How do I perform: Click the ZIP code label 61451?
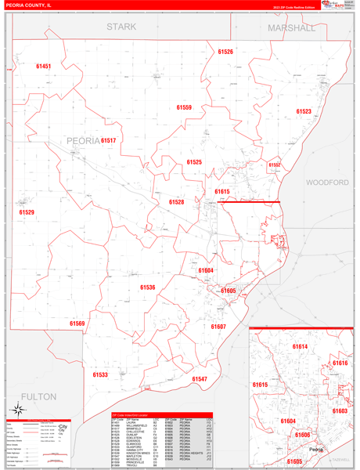pyautogui.click(x=43, y=67)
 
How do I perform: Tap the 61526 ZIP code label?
pyautogui.click(x=225, y=52)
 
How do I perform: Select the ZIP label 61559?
pyautogui.click(x=184, y=107)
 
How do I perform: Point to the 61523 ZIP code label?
pyautogui.click(x=303, y=111)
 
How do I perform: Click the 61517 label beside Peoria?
pyautogui.click(x=108, y=140)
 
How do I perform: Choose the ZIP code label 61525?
pyautogui.click(x=194, y=162)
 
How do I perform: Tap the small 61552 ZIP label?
pyautogui.click(x=275, y=165)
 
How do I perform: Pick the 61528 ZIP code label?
pyautogui.click(x=176, y=202)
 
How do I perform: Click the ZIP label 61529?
pyautogui.click(x=27, y=212)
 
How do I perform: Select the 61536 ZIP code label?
pyautogui.click(x=148, y=287)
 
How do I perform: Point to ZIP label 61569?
pyautogui.click(x=77, y=323)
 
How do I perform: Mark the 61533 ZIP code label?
pyautogui.click(x=100, y=375)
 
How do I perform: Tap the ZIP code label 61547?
pyautogui.click(x=200, y=379)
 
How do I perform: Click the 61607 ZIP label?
pyautogui.click(x=218, y=327)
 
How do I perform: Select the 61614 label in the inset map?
pyautogui.click(x=300, y=346)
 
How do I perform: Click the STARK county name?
pyautogui.click(x=121, y=27)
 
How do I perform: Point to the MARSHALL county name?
pyautogui.click(x=291, y=27)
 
